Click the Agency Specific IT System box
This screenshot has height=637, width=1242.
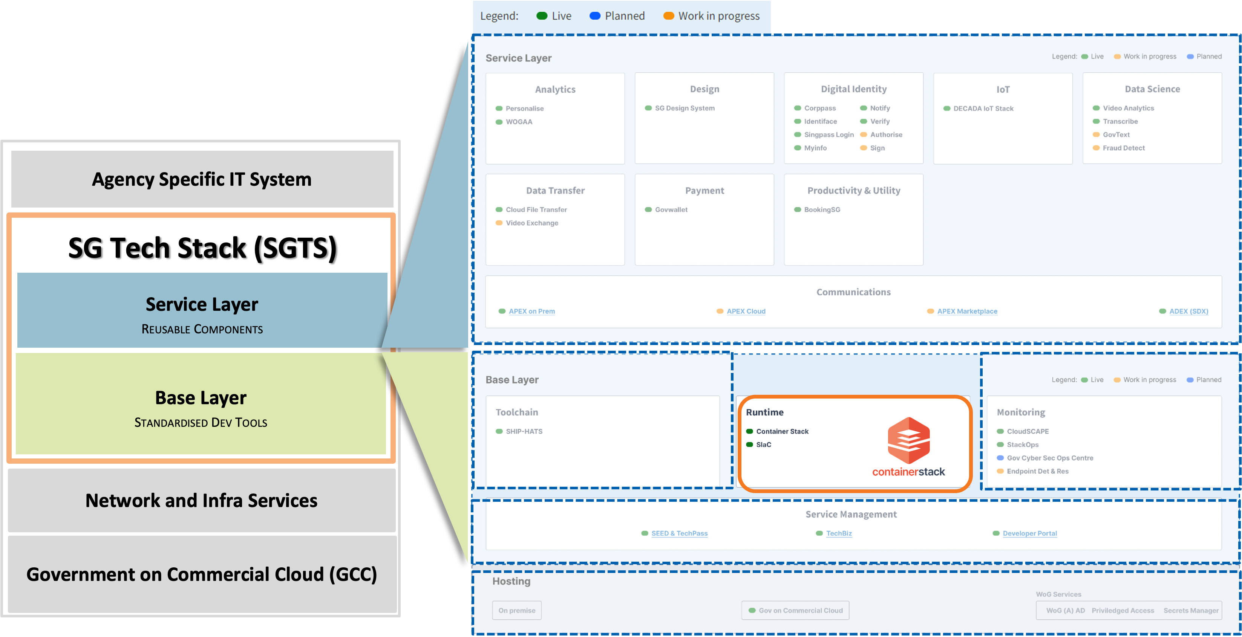pyautogui.click(x=202, y=179)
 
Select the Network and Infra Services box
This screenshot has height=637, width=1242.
pyautogui.click(x=202, y=501)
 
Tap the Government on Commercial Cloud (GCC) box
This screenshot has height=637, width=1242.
pyautogui.click(x=202, y=574)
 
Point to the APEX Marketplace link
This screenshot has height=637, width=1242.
pyautogui.click(x=967, y=311)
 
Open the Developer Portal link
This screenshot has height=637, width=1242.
pyautogui.click(x=1029, y=533)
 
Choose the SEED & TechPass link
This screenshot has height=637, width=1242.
pyautogui.click(x=679, y=533)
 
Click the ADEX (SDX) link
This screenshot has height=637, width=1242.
pyautogui.click(x=1188, y=311)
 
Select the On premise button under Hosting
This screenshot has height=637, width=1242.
pyautogui.click(x=516, y=611)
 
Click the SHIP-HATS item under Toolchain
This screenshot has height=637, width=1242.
pyautogui.click(x=524, y=431)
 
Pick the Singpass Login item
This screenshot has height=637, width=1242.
pyautogui.click(x=829, y=135)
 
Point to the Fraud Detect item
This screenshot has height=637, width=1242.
pyautogui.click(x=1123, y=148)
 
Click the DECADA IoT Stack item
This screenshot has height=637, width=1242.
pyautogui.click(x=983, y=108)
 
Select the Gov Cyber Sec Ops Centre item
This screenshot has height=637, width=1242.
pyautogui.click(x=1050, y=458)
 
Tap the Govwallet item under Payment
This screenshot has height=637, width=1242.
pyautogui.click(x=671, y=209)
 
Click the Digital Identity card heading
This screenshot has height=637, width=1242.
pyautogui.click(x=853, y=89)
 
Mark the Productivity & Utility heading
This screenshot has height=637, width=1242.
pyautogui.click(x=853, y=190)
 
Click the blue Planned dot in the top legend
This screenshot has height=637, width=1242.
pyautogui.click(x=595, y=16)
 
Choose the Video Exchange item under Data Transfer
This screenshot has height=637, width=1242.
pyautogui.click(x=532, y=223)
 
